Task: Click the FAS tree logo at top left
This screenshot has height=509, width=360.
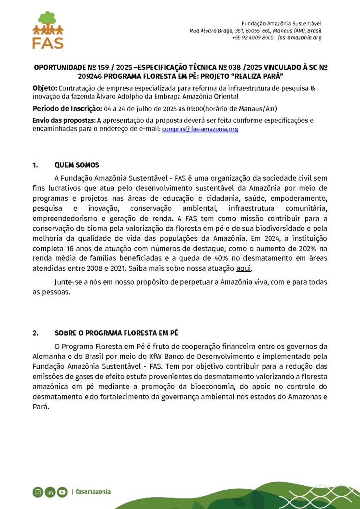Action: [48, 30]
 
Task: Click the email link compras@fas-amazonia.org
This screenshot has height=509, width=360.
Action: [200, 129]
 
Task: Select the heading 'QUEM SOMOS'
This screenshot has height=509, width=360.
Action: [77, 165]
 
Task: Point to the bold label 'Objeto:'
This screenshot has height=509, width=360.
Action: [45, 88]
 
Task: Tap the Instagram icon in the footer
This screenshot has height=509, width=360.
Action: [38, 492]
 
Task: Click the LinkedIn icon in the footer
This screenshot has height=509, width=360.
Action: [50, 492]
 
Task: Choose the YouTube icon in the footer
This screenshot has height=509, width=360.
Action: [62, 492]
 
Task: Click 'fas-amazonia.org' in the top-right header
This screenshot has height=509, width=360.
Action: [300, 38]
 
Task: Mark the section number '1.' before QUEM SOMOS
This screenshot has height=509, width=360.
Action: [35, 165]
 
